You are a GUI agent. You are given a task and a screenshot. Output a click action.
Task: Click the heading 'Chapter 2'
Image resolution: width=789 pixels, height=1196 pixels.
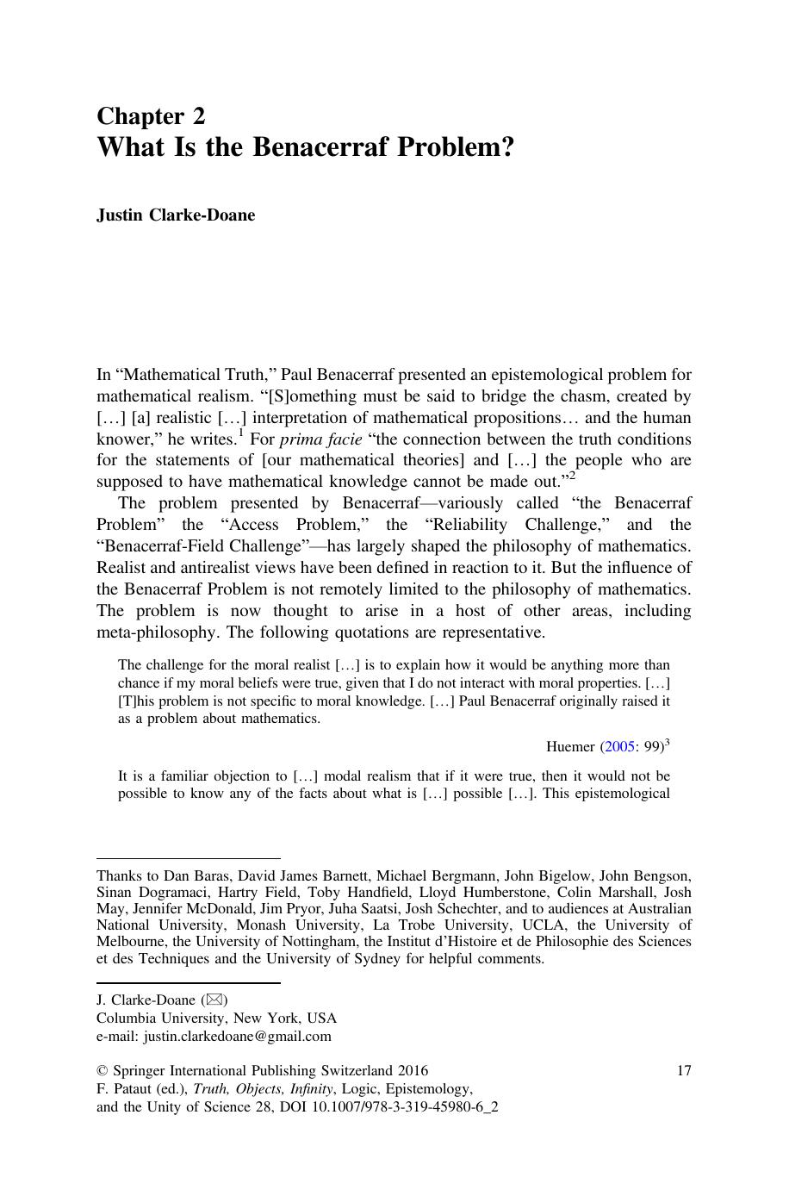click(151, 116)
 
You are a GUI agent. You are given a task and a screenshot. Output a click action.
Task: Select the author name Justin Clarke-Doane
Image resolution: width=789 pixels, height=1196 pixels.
click(176, 215)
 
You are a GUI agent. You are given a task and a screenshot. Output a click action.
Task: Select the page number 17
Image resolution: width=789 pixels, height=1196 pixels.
click(683, 1071)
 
